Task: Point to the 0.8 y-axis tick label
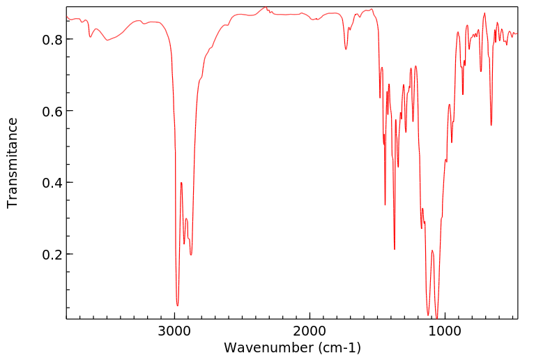[53, 40]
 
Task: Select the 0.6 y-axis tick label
[53, 112]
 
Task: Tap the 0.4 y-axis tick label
[53, 183]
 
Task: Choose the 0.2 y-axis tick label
[53, 255]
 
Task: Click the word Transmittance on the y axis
[13, 163]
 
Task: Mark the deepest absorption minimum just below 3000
[178, 305]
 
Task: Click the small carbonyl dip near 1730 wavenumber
[346, 49]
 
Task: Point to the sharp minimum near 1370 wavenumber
[395, 249]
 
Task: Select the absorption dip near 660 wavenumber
[491, 125]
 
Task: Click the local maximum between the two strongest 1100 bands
[432, 250]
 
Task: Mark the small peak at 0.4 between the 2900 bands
[181, 183]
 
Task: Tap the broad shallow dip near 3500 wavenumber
[107, 40]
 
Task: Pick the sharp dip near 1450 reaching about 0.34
[385, 204]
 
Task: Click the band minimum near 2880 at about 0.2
[191, 255]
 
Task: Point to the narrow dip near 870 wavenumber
[463, 94]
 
